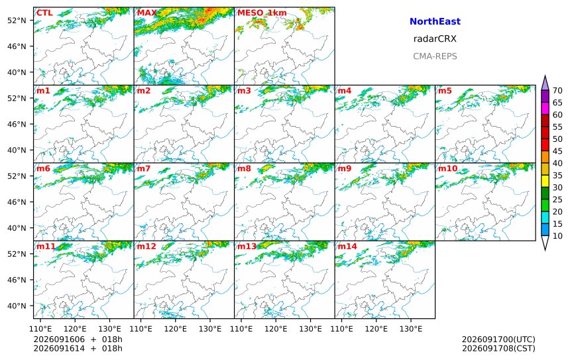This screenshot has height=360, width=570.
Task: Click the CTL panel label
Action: coord(44,13)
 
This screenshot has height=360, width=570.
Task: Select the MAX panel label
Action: coord(147,13)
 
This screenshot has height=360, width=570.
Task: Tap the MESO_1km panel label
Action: coord(262,13)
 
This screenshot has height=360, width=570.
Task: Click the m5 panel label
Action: coord(444,91)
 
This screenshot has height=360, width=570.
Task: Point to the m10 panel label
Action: coord(447,168)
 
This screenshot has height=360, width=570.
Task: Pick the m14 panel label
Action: coord(347,247)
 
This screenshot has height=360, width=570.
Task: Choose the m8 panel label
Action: coord(244,168)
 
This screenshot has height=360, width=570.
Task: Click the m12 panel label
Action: coord(146,247)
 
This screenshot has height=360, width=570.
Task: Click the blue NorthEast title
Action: coord(435,21)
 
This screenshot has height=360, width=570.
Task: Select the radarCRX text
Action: coord(435,39)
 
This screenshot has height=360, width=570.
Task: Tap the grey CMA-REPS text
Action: coord(435,56)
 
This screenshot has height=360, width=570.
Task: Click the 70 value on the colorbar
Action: coord(557,91)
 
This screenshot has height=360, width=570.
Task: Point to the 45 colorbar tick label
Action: coord(557,151)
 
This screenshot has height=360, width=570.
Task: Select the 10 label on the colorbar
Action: coord(557,236)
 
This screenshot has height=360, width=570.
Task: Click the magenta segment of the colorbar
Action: coord(545,108)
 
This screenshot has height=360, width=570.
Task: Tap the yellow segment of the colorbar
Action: coord(545,181)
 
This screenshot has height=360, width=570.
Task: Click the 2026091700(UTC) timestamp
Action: coord(498,339)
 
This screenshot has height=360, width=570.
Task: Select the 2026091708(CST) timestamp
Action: coord(498,348)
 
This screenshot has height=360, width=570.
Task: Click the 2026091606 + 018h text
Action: coord(78,339)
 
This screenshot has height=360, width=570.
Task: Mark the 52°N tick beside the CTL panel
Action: coord(17,21)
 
